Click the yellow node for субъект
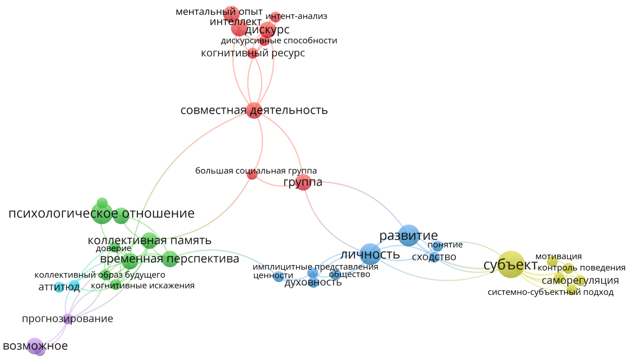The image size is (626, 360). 511,264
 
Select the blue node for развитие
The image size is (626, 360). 409,235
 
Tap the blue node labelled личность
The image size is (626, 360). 370,254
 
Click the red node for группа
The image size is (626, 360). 303,182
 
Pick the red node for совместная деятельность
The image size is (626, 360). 254,110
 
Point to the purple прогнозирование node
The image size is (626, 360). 67,318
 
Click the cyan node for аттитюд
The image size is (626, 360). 59,287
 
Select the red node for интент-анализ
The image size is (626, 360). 276,17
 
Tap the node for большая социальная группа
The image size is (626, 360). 252,175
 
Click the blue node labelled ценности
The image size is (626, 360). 279,276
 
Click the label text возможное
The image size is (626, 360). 35,346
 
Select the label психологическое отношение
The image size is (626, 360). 101,214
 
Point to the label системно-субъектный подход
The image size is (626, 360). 550,293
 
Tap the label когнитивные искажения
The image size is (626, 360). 143,286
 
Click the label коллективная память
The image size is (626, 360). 150,241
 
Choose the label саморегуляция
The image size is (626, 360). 580,280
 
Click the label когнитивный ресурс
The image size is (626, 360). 253,53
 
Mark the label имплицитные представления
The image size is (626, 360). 315,267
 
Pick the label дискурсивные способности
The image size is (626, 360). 279,41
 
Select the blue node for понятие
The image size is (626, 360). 438,246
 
